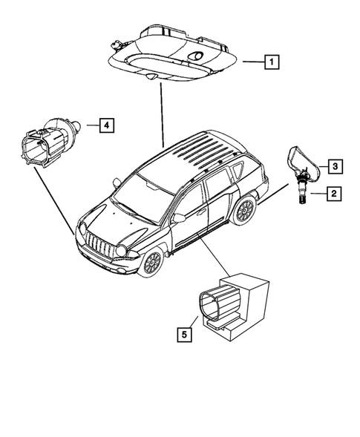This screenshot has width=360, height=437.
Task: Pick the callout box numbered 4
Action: [107, 125]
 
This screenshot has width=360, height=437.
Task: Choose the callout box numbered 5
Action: [183, 335]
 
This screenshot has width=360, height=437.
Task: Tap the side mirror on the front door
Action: [177, 218]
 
